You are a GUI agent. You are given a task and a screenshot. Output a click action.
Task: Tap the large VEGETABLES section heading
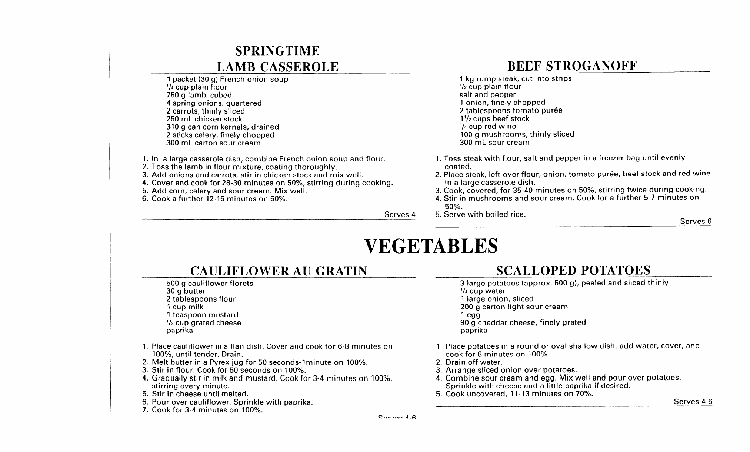[431, 246]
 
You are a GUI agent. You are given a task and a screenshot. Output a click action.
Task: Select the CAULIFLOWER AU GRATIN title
[279, 271]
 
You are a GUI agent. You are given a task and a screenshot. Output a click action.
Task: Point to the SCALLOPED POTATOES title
[573, 270]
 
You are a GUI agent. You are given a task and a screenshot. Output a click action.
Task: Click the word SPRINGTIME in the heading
[277, 51]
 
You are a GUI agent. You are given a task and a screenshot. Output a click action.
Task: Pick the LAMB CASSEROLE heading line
[277, 67]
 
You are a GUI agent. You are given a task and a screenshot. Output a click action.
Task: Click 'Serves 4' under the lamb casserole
[400, 215]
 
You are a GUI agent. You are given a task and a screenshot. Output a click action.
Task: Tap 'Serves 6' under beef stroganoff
[696, 221]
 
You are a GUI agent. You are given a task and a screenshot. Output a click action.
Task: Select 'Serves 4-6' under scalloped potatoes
[693, 402]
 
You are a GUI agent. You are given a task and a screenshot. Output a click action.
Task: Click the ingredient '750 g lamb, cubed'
[199, 95]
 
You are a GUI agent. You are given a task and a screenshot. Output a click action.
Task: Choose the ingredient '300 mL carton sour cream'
[213, 143]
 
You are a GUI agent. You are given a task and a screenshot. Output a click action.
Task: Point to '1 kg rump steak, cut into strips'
[516, 79]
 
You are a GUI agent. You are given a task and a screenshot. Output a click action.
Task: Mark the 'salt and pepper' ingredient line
[487, 94]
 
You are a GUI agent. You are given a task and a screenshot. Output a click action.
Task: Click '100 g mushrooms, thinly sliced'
[517, 134]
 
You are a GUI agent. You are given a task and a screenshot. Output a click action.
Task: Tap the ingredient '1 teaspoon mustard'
[202, 315]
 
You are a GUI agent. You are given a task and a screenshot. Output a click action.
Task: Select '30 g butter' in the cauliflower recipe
[186, 291]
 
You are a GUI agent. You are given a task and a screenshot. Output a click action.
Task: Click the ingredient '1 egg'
[470, 315]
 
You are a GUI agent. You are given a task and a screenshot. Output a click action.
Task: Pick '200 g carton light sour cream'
[514, 307]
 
